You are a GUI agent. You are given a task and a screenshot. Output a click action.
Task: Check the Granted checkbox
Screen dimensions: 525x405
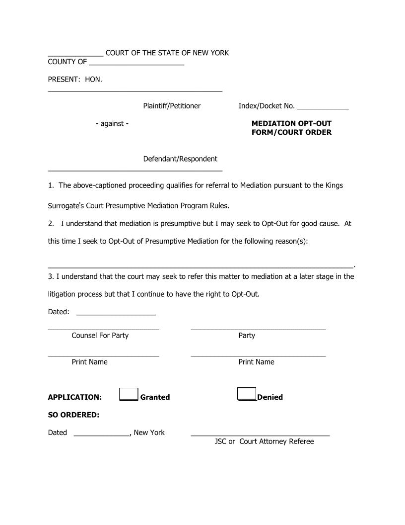pos(129,394)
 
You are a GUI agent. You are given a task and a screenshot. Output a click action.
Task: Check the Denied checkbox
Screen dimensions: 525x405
pos(247,393)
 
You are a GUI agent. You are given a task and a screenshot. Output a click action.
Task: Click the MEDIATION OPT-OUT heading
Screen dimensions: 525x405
pos(291,123)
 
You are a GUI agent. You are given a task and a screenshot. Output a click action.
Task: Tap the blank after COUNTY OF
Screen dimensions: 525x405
pos(136,63)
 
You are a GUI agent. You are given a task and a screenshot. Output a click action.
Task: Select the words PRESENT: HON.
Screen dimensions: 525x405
pos(75,79)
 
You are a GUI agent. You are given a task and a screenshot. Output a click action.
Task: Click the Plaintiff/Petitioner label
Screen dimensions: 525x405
pos(172,106)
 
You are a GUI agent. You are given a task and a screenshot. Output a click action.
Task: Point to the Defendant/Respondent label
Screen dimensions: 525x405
pos(180,159)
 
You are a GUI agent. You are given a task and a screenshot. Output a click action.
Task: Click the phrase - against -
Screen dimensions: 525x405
pos(112,123)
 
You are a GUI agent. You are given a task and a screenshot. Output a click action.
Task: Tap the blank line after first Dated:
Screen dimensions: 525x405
pos(116,313)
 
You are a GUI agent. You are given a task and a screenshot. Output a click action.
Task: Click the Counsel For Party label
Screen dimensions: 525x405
pos(100,336)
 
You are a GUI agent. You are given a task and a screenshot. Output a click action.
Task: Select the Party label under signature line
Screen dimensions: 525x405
pos(247,336)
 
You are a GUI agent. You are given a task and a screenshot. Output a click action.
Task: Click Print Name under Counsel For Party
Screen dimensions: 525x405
pos(90,362)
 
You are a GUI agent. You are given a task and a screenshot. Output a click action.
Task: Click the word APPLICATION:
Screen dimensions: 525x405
pos(75,397)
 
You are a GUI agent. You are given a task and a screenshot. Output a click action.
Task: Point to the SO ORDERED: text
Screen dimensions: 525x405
pos(73,415)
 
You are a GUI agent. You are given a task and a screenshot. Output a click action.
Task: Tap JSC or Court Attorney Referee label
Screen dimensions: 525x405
pos(264,441)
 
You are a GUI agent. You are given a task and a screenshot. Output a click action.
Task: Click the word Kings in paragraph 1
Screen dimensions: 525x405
pos(334,185)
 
